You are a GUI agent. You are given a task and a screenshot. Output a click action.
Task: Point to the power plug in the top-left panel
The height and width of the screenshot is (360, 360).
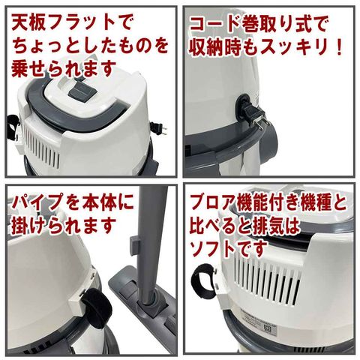(158, 128)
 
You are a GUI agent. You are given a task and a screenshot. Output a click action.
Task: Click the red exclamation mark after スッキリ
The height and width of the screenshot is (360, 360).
(339, 47)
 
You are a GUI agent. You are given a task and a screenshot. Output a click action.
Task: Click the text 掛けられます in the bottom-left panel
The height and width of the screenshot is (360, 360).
(64, 226)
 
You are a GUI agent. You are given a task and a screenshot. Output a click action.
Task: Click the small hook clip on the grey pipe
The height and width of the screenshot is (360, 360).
(134, 246)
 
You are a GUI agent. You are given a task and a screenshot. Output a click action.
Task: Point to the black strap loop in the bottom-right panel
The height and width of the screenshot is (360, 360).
(203, 282)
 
